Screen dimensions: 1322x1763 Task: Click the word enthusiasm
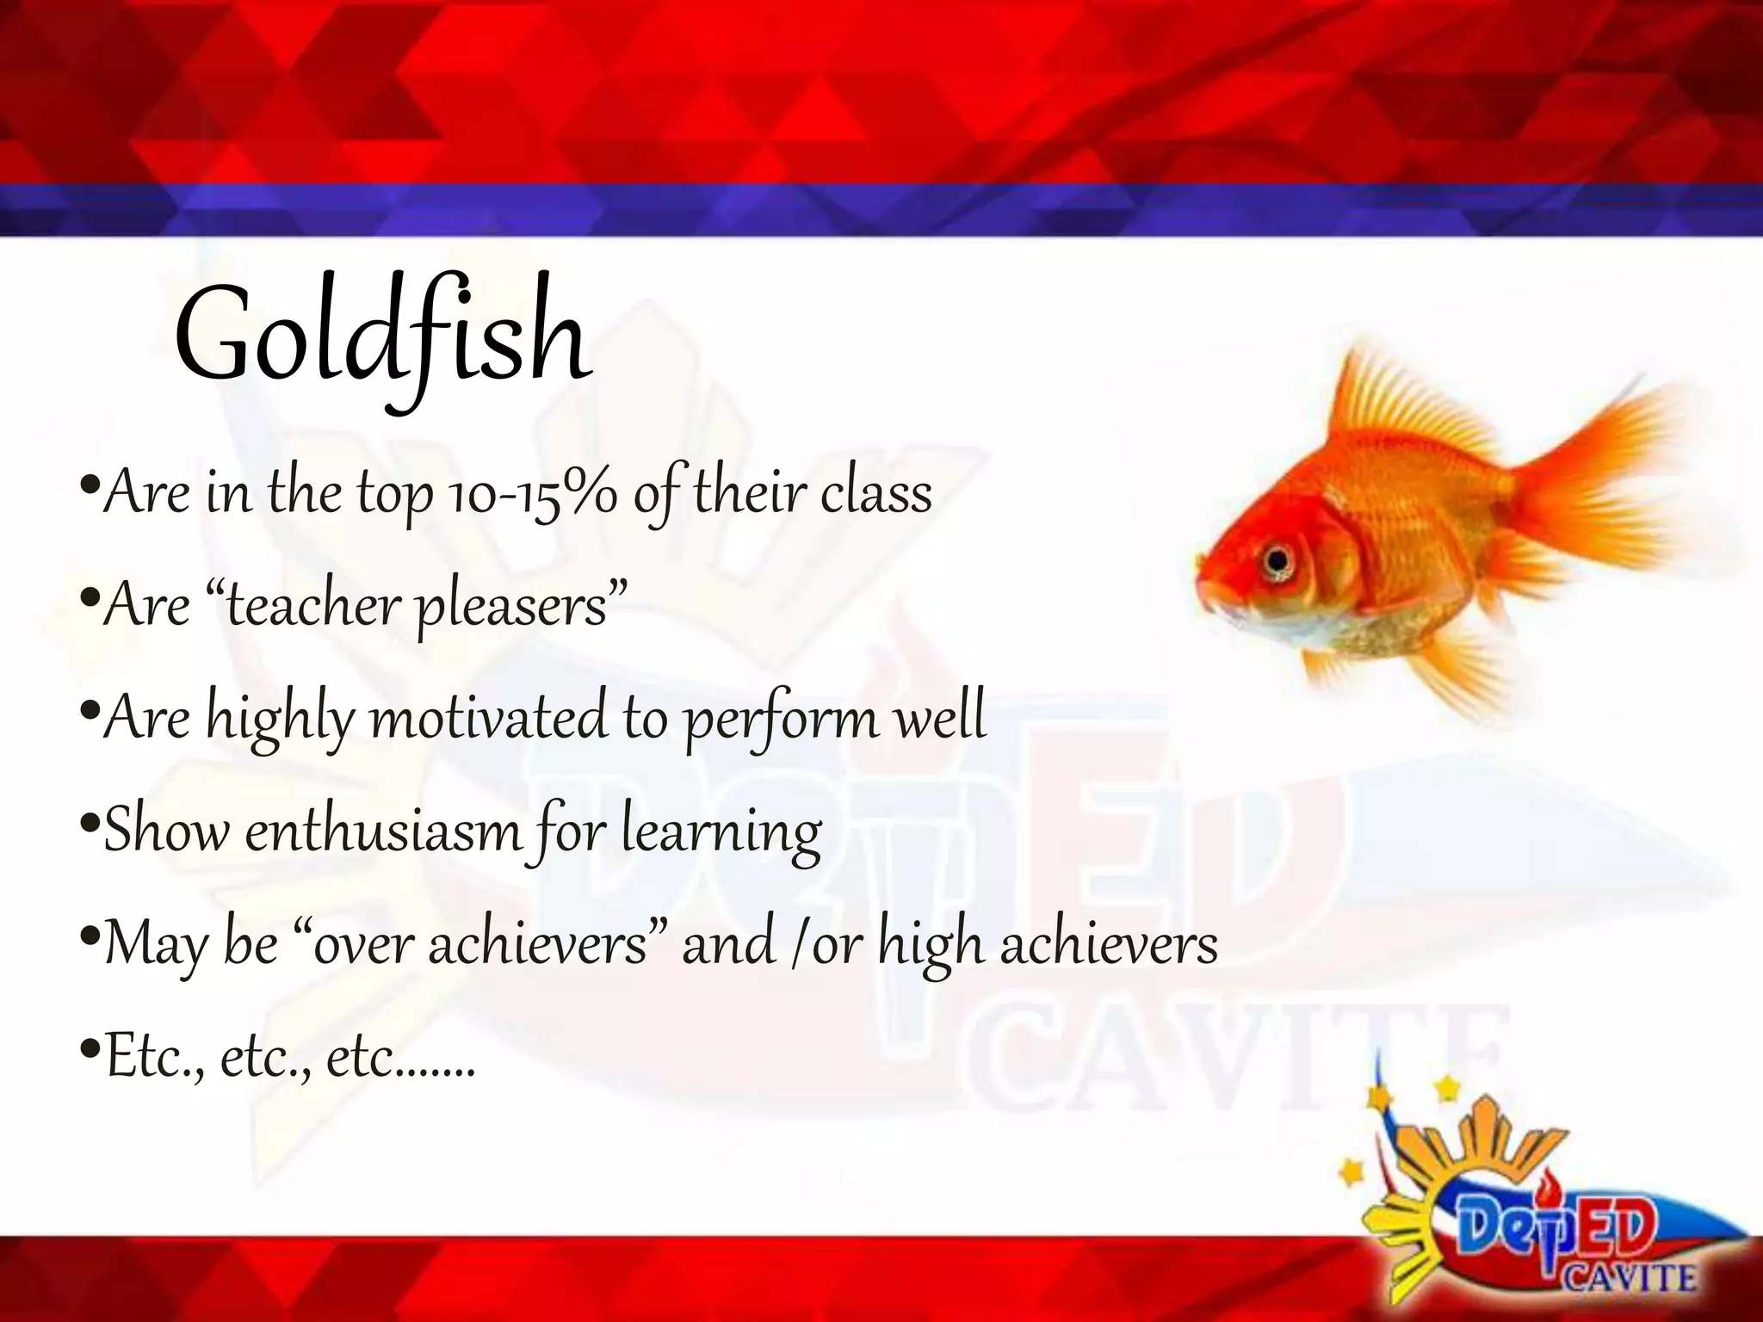point(383,831)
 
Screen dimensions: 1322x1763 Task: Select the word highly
point(280,720)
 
